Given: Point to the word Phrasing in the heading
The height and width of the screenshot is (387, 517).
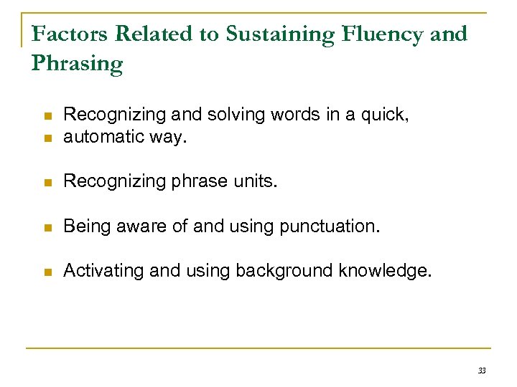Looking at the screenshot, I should point(78,64).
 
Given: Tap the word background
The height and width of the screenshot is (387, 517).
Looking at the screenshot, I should point(282,270).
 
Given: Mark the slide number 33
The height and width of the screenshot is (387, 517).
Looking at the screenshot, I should point(481,371).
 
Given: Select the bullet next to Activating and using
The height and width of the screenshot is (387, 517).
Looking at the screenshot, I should point(47,271).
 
